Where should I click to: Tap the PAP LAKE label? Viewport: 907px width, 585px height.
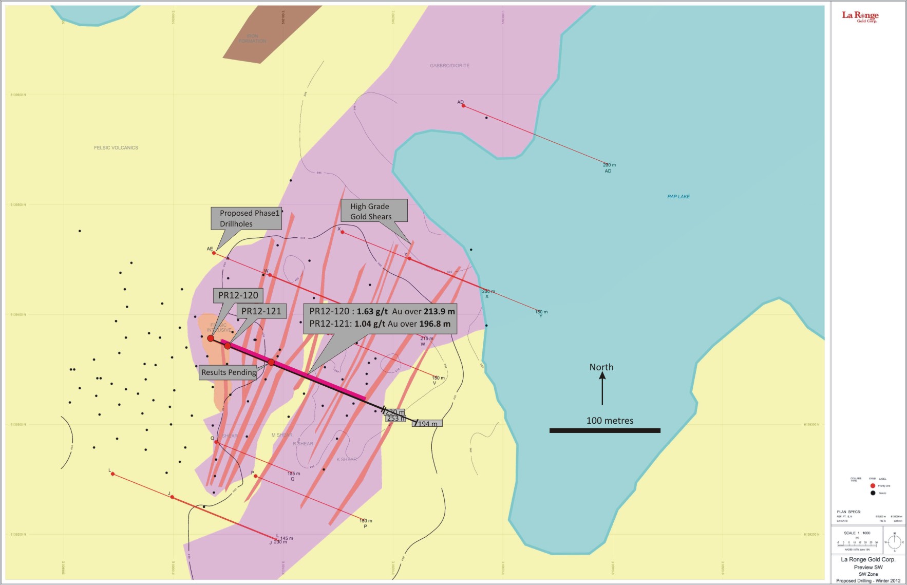[x=678, y=197]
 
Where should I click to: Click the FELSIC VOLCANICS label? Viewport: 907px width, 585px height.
[x=116, y=148]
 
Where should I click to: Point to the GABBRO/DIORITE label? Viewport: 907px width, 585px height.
[x=449, y=66]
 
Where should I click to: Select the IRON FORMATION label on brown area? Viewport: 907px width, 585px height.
[x=252, y=39]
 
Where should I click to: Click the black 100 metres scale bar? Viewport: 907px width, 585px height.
[x=604, y=430]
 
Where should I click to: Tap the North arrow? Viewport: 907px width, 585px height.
[x=602, y=388]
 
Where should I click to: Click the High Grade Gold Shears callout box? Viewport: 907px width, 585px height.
[x=374, y=211]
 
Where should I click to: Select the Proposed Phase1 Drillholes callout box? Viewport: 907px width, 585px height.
[x=247, y=218]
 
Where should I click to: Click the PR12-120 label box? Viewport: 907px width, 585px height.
[x=238, y=295]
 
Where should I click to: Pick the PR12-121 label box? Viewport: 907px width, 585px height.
[x=261, y=311]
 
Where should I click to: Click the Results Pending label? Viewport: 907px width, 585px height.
[x=229, y=372]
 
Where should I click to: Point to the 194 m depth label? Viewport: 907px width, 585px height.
[x=428, y=424]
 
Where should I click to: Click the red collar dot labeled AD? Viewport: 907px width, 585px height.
[x=463, y=106]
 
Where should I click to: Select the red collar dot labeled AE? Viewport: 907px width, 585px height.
[x=214, y=253]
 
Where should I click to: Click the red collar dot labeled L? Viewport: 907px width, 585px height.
[x=112, y=474]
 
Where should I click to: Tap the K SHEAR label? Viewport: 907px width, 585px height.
[x=347, y=459]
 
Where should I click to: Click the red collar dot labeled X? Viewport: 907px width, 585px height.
[x=343, y=232]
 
